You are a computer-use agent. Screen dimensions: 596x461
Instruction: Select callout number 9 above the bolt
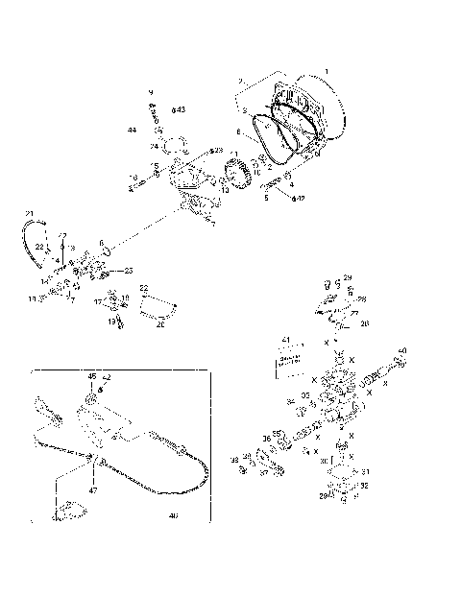pos(151,91)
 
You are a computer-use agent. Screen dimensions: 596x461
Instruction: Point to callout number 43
pos(180,109)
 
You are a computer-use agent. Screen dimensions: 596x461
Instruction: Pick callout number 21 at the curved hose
pos(29,212)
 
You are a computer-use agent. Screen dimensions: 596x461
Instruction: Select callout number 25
pos(130,271)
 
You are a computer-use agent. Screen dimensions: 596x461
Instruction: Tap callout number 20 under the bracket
pos(160,324)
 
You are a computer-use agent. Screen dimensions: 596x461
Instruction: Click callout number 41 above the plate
pos(285,341)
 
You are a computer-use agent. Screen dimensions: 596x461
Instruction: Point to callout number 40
pos(401,351)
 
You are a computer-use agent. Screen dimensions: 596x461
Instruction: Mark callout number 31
pos(365,471)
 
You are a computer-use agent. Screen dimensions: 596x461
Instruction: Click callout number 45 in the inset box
pos(92,376)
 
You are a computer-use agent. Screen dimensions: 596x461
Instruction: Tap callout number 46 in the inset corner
pos(173,516)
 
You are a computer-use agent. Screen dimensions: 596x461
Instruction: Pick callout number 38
pos(233,460)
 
